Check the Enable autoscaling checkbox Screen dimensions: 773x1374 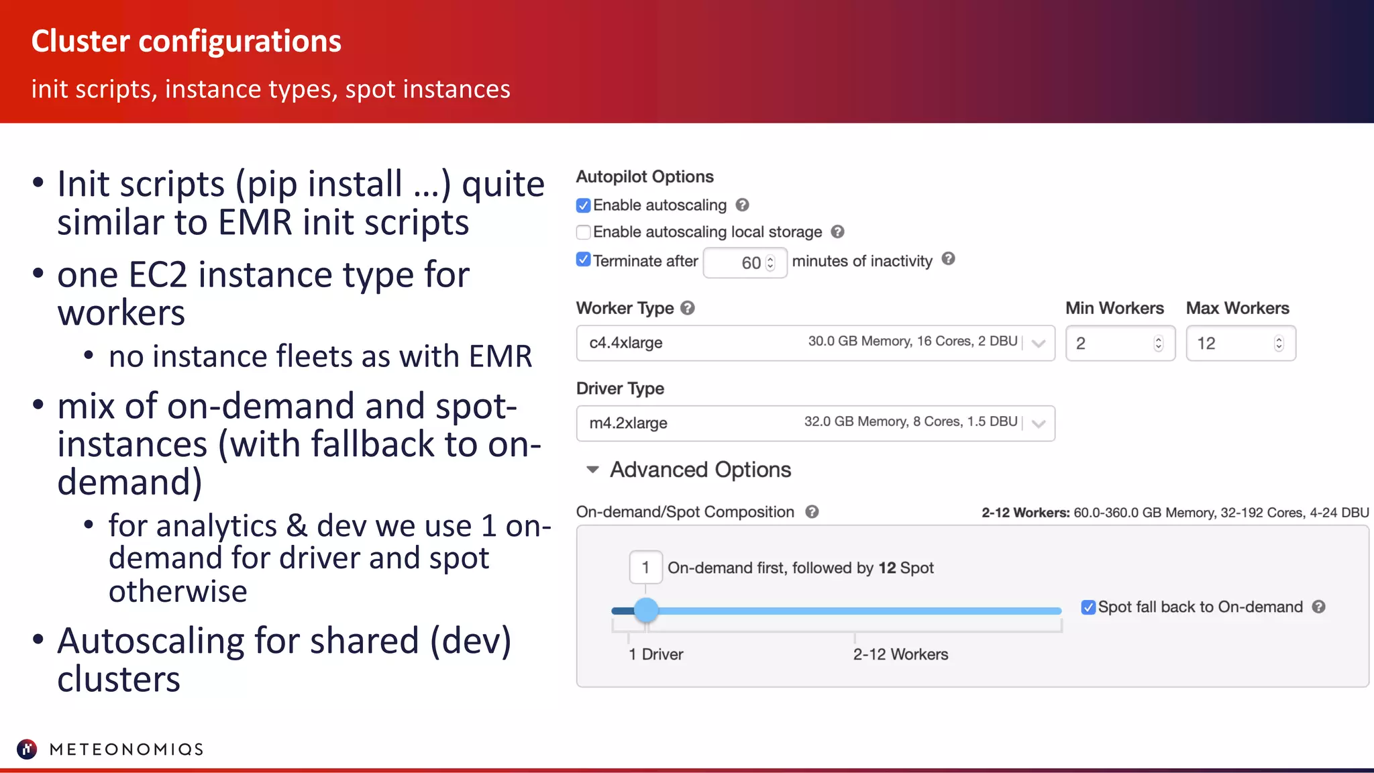click(584, 205)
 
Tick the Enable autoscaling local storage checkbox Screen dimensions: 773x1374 click(584, 232)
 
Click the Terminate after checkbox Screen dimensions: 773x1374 click(584, 260)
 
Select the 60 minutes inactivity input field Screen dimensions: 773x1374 click(745, 263)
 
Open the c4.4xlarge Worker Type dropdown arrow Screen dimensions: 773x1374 click(1039, 344)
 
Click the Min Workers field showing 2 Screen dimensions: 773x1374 click(1114, 344)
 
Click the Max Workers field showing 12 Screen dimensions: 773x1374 click(1234, 344)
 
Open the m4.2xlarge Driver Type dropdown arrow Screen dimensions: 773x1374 click(1039, 423)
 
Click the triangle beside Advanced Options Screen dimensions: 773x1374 click(592, 470)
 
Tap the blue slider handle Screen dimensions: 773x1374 click(646, 610)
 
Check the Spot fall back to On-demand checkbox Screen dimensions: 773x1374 click(1088, 607)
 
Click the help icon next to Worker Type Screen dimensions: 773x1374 click(688, 308)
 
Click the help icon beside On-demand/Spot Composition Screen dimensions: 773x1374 click(812, 512)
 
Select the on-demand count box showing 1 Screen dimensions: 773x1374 click(645, 568)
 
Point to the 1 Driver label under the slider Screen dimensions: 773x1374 click(655, 654)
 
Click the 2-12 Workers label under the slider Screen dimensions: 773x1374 click(900, 654)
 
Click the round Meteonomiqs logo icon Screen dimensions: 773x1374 click(27, 749)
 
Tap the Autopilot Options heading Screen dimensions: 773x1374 click(645, 176)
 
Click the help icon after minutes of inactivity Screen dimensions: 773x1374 click(948, 259)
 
